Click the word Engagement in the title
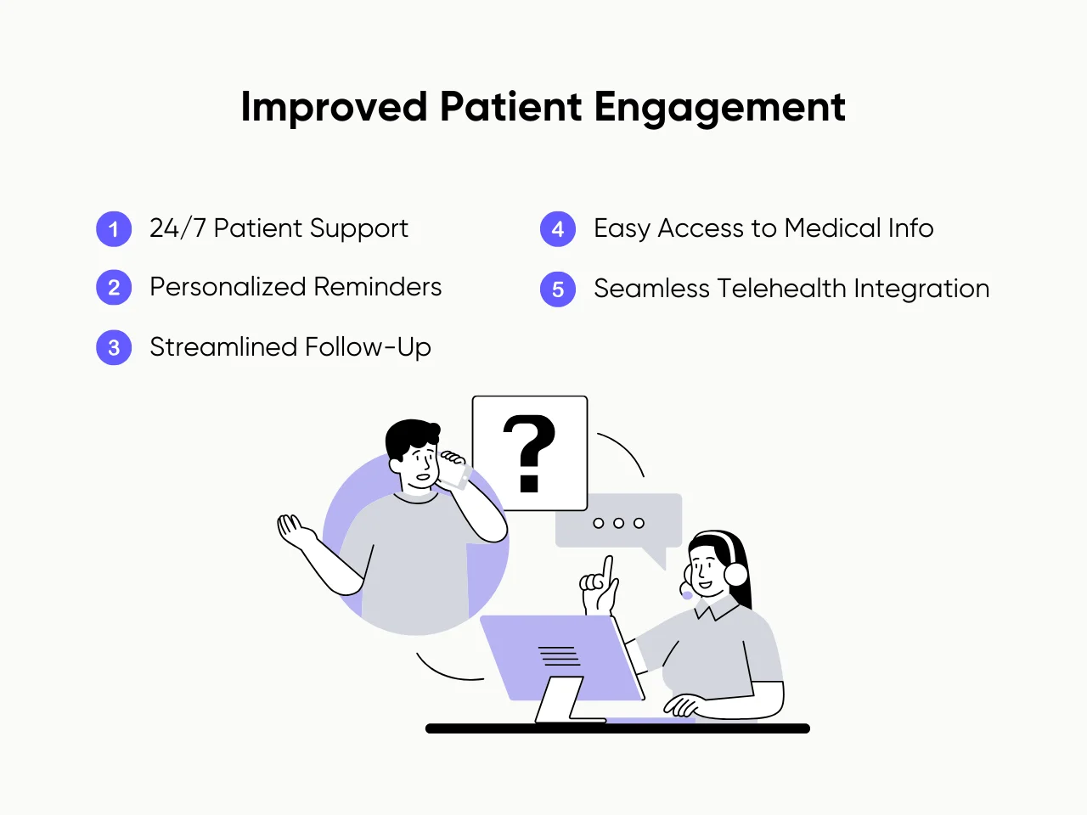tap(719, 108)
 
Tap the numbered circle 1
tap(114, 229)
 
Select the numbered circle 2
tap(114, 288)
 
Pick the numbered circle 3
tap(114, 348)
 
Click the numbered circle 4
tap(558, 229)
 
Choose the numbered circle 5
tap(558, 289)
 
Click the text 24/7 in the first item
tap(177, 228)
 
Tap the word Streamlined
tap(223, 347)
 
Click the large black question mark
tap(529, 452)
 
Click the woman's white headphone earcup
tap(735, 575)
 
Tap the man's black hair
tap(410, 435)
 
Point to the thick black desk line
tap(617, 728)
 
